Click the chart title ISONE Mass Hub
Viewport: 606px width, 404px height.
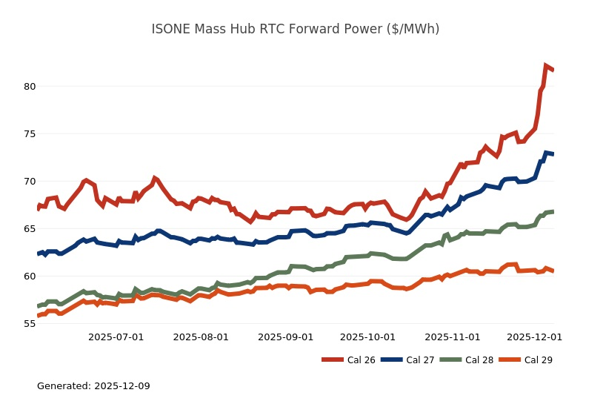(295, 29)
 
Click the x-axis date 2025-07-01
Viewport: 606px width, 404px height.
(116, 337)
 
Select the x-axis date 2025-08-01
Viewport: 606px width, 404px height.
(201, 337)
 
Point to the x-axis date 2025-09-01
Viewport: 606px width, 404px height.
(285, 337)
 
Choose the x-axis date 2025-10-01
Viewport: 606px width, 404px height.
(367, 337)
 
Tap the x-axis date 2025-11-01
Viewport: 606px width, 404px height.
(453, 337)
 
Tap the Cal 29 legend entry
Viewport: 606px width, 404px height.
(525, 360)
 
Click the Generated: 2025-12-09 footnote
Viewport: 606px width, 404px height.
(93, 386)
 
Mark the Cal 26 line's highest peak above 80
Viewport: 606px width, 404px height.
(546, 66)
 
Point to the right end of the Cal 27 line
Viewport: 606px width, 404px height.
(553, 153)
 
